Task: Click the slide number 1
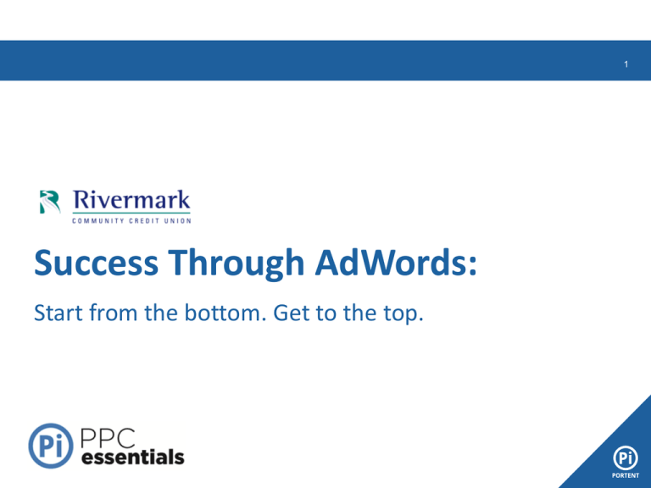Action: pyautogui.click(x=626, y=64)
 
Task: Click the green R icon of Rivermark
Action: pyautogui.click(x=50, y=202)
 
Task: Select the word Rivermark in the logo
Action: pyautogui.click(x=131, y=200)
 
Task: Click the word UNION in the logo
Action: pyautogui.click(x=178, y=221)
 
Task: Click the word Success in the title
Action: pyautogui.click(x=96, y=263)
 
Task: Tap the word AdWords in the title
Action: pyautogui.click(x=391, y=263)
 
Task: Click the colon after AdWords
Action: pyautogui.click(x=472, y=266)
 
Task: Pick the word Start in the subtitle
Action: pyautogui.click(x=58, y=313)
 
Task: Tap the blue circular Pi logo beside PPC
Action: pyautogui.click(x=51, y=446)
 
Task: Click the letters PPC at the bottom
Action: pyautogui.click(x=108, y=438)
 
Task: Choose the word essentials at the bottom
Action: pyautogui.click(x=133, y=457)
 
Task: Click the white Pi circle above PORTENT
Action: pyautogui.click(x=626, y=458)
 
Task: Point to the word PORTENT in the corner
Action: pyautogui.click(x=626, y=475)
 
